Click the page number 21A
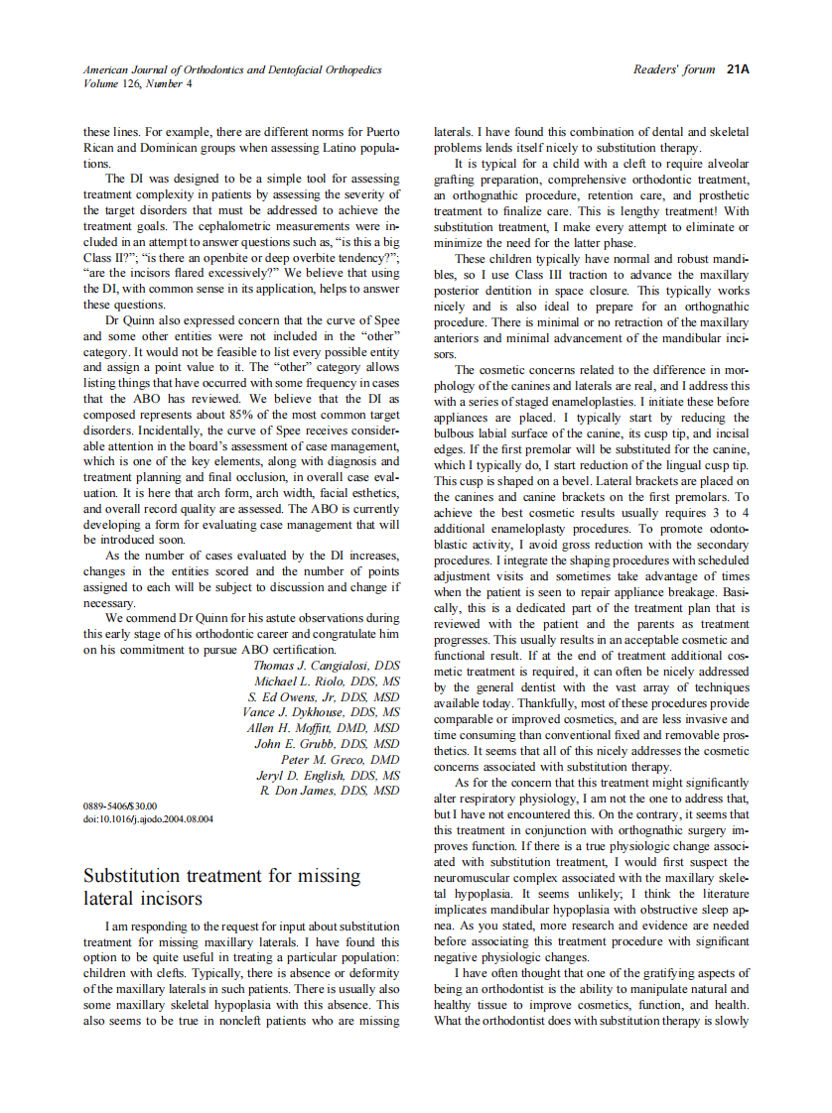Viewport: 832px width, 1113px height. (x=738, y=69)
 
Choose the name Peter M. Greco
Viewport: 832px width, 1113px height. (x=340, y=759)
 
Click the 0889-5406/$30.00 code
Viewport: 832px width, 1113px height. (x=120, y=806)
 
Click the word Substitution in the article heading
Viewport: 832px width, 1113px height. (x=135, y=876)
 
